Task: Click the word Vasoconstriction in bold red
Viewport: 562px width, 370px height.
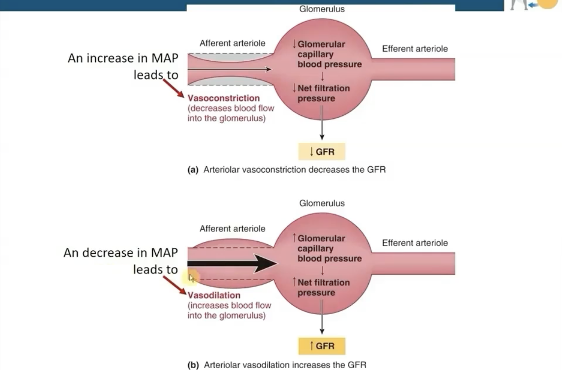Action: click(x=224, y=98)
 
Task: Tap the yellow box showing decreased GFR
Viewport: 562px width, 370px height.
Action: click(x=322, y=152)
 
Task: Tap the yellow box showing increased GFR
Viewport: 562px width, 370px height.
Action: click(x=322, y=346)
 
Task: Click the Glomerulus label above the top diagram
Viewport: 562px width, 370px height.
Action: click(x=322, y=9)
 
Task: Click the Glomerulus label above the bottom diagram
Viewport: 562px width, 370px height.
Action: click(x=322, y=203)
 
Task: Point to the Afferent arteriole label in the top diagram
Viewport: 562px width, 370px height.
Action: click(x=232, y=44)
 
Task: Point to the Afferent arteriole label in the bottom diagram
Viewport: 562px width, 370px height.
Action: click(x=232, y=229)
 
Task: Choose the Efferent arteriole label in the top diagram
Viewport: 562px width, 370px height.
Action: click(x=415, y=49)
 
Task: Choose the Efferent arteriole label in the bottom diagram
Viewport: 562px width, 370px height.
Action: click(x=415, y=243)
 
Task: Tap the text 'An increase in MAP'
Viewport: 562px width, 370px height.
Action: click(x=122, y=58)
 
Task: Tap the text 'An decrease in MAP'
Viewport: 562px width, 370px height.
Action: click(x=120, y=253)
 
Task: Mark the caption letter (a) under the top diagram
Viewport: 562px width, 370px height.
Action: click(x=193, y=170)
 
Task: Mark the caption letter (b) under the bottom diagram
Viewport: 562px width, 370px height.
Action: click(x=193, y=365)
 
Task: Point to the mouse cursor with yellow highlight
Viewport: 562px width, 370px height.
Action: click(x=192, y=278)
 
